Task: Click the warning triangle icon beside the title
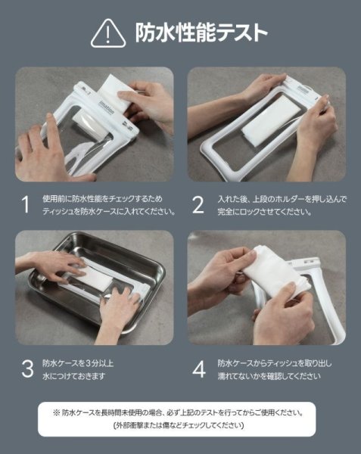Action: (x=108, y=34)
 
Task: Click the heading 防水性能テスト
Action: (x=201, y=33)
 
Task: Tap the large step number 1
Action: (x=26, y=205)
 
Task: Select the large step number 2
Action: (x=198, y=205)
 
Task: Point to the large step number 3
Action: (x=27, y=369)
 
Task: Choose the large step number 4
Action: (x=199, y=369)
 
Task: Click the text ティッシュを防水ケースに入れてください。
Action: (x=109, y=212)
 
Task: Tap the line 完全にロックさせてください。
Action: (x=265, y=212)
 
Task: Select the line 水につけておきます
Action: (x=73, y=376)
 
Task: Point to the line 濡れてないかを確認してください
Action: (x=269, y=376)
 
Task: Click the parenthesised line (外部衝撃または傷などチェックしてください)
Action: (x=178, y=425)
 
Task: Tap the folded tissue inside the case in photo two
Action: (x=269, y=120)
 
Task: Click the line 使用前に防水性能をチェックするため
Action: (x=102, y=199)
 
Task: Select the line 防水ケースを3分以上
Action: (x=78, y=363)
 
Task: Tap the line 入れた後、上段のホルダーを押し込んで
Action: (x=282, y=199)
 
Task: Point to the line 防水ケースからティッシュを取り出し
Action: (x=275, y=363)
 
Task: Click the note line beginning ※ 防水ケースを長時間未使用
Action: (x=178, y=412)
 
